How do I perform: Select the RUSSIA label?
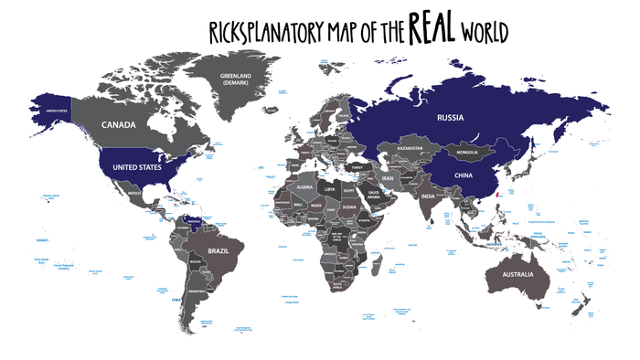[x=452, y=116]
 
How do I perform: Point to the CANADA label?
[x=119, y=125]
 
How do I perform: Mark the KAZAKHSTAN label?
[x=402, y=148]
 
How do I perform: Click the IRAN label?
[x=387, y=178]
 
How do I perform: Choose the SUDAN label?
[x=348, y=206]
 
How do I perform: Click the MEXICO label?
[x=134, y=194]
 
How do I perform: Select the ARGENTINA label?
[x=195, y=291]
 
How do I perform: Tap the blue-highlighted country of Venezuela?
[x=193, y=220]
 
